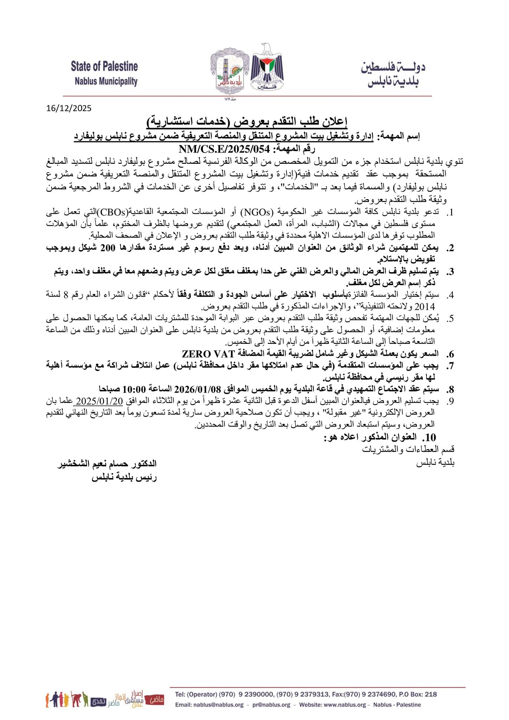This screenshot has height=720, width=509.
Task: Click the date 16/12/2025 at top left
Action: click(69, 108)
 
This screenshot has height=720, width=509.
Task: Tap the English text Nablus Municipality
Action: click(106, 82)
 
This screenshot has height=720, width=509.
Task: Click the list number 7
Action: click(451, 366)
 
